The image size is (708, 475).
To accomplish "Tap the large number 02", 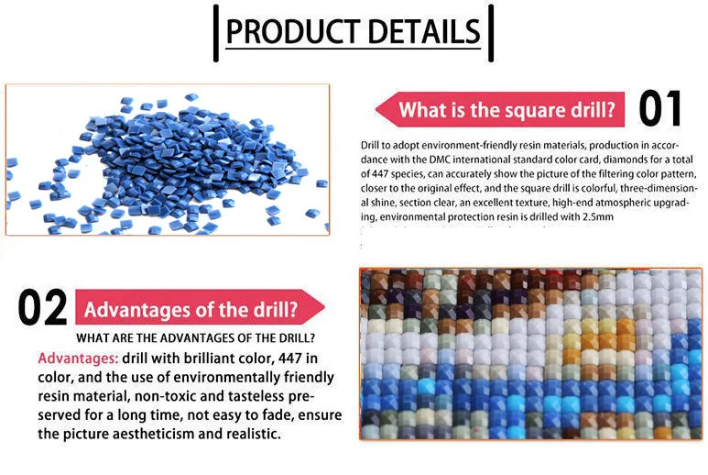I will click(x=42, y=309).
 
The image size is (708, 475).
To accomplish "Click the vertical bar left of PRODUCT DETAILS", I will click(x=216, y=33).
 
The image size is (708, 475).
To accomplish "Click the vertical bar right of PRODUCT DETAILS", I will click(x=491, y=33).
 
